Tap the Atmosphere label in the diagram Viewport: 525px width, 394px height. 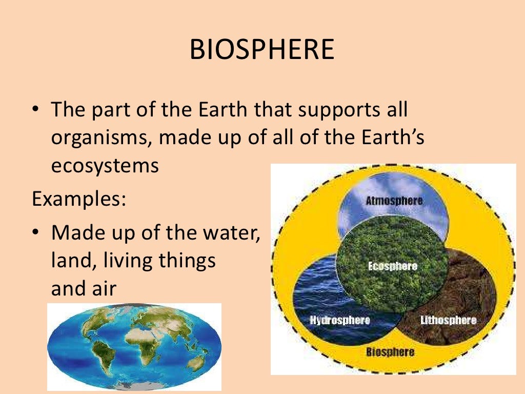394,201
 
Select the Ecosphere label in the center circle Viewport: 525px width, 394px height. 393,266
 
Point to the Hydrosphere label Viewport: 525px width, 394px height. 340,320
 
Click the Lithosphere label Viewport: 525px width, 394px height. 448,320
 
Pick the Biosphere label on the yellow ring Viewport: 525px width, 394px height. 390,352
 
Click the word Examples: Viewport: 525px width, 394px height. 79,198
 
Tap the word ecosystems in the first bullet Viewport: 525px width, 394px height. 105,166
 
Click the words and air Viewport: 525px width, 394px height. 84,289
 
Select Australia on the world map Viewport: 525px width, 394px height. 195,362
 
